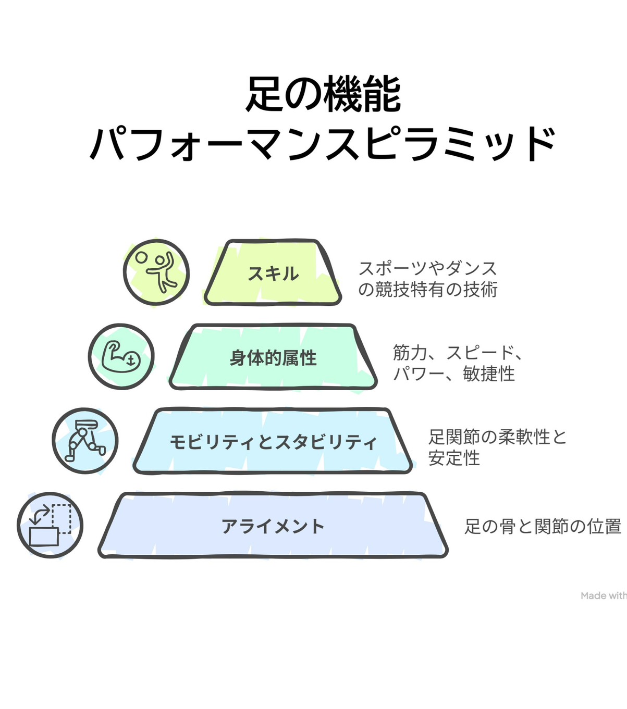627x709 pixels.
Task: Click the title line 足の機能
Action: pyautogui.click(x=323, y=95)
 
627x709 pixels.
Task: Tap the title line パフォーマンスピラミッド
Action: pyautogui.click(x=323, y=143)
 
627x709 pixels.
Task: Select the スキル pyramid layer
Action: pyautogui.click(x=273, y=273)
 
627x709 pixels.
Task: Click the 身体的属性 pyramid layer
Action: pyautogui.click(x=273, y=358)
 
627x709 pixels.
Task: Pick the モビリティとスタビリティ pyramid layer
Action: pyautogui.click(x=273, y=442)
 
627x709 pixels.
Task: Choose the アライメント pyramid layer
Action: pyautogui.click(x=273, y=526)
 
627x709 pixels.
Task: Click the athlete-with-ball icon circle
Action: pyautogui.click(x=156, y=272)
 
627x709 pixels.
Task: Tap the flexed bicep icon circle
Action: pyautogui.click(x=121, y=357)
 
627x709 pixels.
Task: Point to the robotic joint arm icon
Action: pyautogui.click(x=85, y=441)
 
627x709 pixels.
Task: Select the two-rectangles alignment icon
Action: pyautogui.click(x=50, y=525)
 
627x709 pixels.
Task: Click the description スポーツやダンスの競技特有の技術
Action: pyautogui.click(x=427, y=279)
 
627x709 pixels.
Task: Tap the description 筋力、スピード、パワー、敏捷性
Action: pyautogui.click(x=457, y=363)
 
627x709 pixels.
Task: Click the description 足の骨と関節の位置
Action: pyautogui.click(x=543, y=526)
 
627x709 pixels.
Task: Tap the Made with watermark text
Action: pyautogui.click(x=604, y=595)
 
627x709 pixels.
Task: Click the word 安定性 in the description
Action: pyautogui.click(x=454, y=458)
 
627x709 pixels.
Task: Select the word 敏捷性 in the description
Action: pyautogui.click(x=489, y=374)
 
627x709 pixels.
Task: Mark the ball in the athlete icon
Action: pyautogui.click(x=141, y=258)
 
